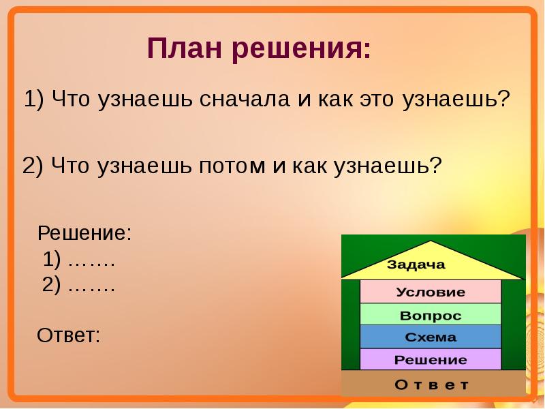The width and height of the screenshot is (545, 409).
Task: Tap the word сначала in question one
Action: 245,99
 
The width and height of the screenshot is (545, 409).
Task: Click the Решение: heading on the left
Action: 84,232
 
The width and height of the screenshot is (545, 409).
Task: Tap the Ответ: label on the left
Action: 69,335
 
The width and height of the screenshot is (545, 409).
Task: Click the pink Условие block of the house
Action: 431,292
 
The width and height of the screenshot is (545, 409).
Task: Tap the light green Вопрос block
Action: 431,314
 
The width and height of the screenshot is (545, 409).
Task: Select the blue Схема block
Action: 431,337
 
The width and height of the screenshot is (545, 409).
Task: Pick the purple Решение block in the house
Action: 431,359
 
